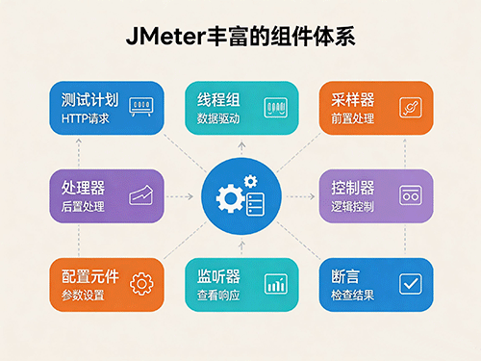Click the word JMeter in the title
point(165,37)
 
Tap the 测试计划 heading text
point(90,100)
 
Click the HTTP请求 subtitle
point(86,118)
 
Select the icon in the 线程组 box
point(276,108)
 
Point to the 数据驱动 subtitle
point(218,118)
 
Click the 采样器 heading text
point(353,100)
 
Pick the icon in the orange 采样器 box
point(411,108)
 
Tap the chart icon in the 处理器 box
point(141,194)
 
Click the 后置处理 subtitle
point(83,207)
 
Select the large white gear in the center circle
point(230,199)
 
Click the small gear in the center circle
point(250,181)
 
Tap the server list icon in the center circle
point(256,204)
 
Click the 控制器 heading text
point(353,188)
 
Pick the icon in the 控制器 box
point(411,195)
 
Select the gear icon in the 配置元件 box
point(141,284)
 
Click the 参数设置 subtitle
point(83,296)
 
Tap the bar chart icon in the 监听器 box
point(276,284)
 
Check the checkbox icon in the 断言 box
point(411,284)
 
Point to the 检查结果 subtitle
point(353,296)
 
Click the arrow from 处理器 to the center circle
point(180,196)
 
